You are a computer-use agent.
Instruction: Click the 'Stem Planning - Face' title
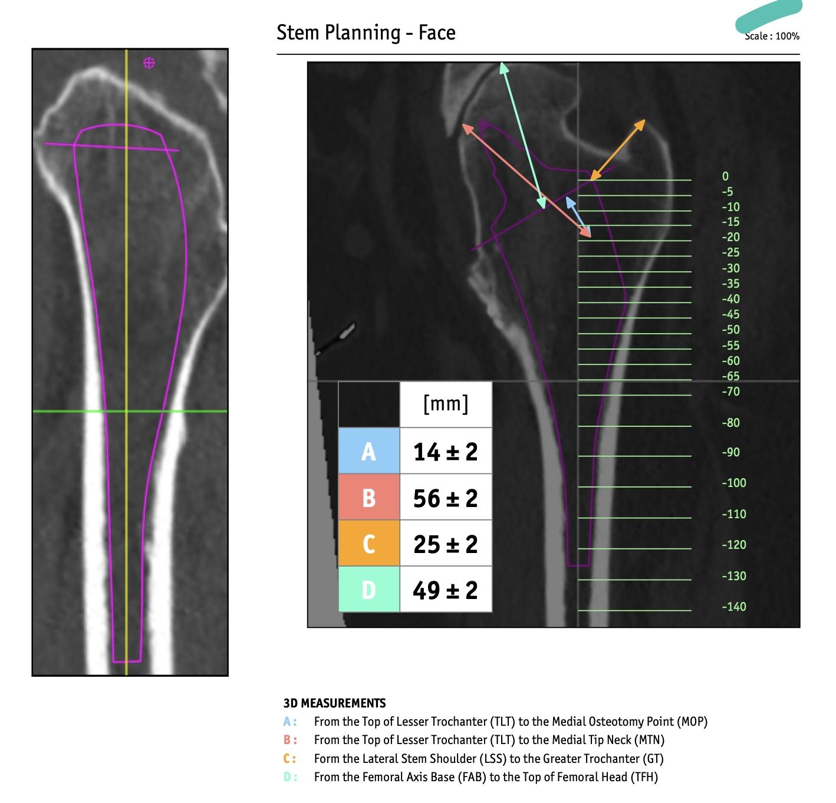tap(366, 32)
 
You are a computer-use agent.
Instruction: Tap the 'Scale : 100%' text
tap(772, 36)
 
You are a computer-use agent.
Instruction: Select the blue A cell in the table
tap(368, 450)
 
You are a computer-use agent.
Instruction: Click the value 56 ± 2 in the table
tap(445, 498)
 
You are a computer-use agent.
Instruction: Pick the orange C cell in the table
tap(368, 544)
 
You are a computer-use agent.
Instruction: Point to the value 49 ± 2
tap(445, 590)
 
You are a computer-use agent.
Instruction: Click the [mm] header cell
tap(446, 404)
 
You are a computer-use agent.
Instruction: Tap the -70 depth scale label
tap(730, 391)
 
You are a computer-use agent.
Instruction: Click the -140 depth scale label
tap(734, 606)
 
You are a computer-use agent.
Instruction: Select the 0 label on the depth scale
tap(725, 176)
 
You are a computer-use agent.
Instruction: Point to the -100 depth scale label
tap(734, 482)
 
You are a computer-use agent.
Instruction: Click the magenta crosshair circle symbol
tap(149, 63)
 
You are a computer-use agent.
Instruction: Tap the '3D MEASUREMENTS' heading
tap(334, 703)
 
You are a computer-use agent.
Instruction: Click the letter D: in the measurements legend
tap(290, 777)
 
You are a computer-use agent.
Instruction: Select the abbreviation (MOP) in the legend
tap(692, 722)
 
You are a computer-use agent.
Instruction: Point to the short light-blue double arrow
tap(578, 217)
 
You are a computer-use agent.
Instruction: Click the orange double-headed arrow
tap(617, 150)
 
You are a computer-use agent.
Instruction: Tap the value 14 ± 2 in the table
tap(445, 452)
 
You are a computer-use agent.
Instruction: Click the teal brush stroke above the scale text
tap(769, 15)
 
